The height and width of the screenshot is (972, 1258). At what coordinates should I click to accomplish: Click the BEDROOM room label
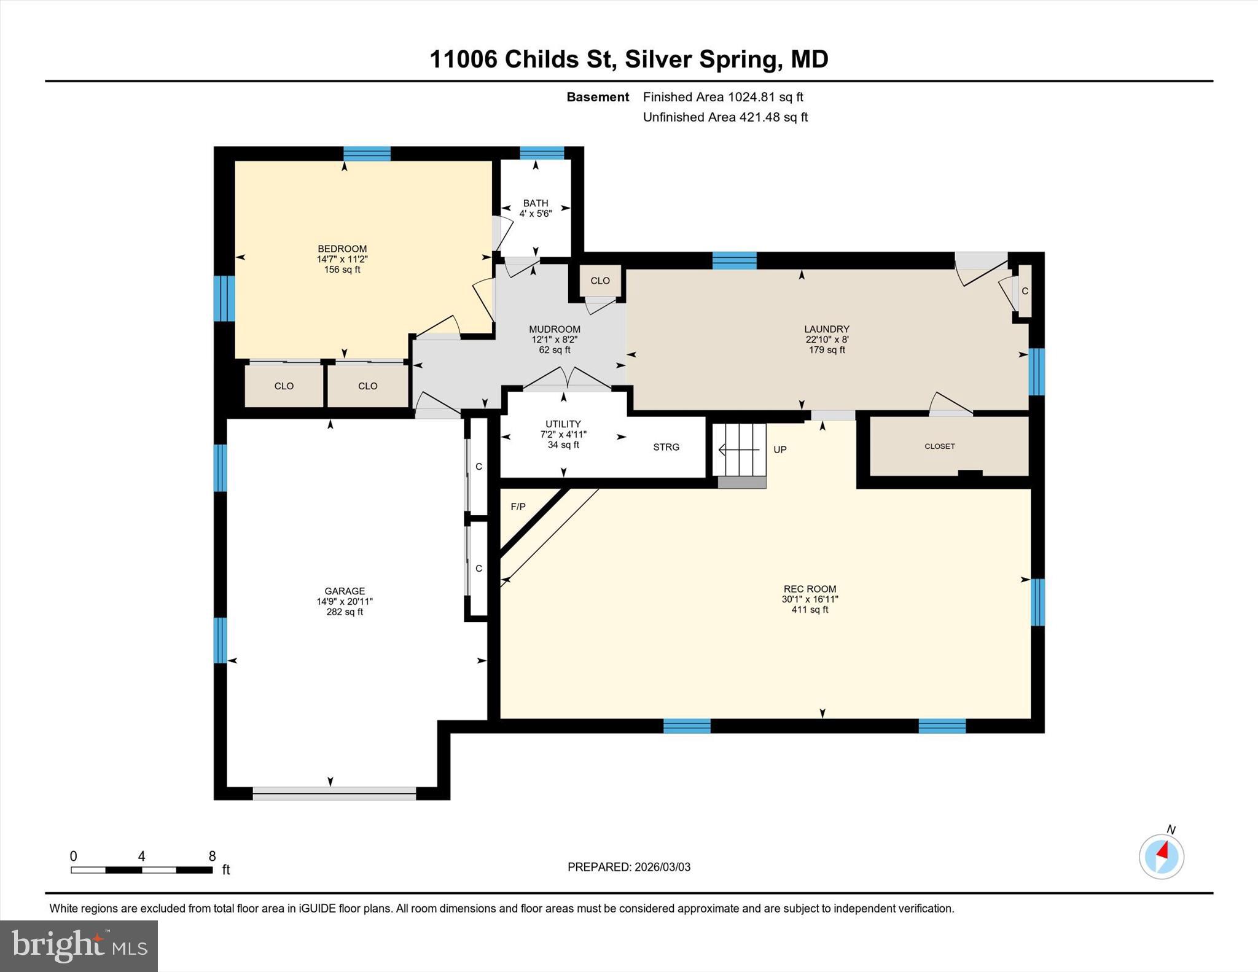pos(342,259)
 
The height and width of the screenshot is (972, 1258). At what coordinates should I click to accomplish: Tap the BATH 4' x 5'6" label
pos(536,208)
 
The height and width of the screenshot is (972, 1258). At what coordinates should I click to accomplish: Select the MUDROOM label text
pos(554,339)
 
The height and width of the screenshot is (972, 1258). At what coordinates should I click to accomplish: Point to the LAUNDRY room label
pos(827,339)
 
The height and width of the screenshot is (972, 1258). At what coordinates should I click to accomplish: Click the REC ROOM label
pos(810,599)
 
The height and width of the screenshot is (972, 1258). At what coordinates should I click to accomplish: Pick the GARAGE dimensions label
pos(345,602)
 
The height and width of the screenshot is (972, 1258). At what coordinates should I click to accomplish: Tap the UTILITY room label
pos(563,434)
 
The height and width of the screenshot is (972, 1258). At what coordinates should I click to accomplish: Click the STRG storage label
pos(666,447)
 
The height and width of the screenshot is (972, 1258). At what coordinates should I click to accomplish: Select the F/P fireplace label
pos(518,507)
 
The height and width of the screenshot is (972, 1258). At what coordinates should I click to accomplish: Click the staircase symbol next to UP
pos(741,450)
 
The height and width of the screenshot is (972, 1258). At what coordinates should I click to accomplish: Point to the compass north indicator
pos(1161,855)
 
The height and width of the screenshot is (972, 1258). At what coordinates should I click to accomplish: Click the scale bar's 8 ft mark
pos(212,857)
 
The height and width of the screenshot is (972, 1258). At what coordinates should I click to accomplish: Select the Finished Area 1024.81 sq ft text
pos(723,97)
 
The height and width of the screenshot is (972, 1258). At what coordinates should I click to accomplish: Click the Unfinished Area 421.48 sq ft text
pos(725,117)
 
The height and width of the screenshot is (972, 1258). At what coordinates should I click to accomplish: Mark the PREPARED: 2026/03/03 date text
pos(628,867)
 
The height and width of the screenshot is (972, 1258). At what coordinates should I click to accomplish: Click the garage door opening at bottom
pos(334,793)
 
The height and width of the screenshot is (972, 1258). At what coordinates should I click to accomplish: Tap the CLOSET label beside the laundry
pos(939,446)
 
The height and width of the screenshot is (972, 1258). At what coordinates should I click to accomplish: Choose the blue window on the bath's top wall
pos(542,153)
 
